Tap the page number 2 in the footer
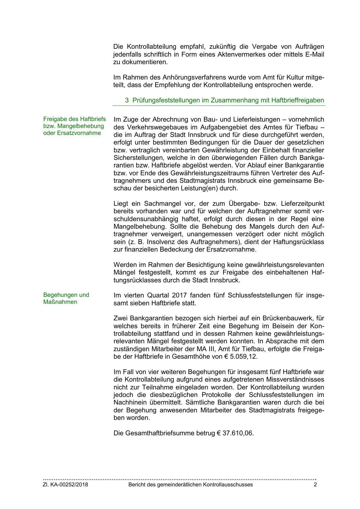315,485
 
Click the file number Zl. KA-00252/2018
66,485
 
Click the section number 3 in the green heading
127,100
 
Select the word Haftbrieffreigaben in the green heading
298,100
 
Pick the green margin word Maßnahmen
60,302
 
